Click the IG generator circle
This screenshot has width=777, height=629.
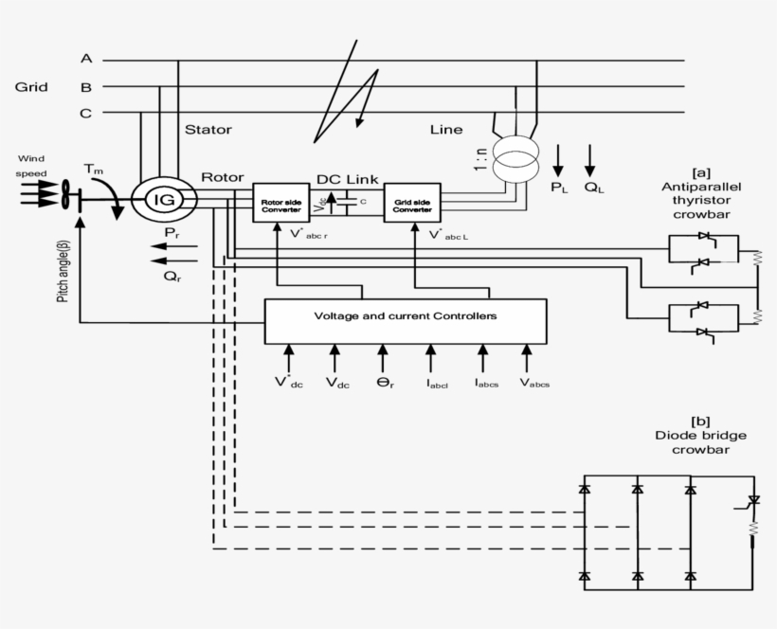(x=164, y=200)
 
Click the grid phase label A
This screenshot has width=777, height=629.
(x=86, y=59)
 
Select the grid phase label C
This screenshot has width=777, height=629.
(x=86, y=114)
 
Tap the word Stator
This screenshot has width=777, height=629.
(x=208, y=130)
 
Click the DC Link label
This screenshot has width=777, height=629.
(x=347, y=179)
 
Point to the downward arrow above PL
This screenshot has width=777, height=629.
(x=558, y=159)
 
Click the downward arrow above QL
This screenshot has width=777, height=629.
(x=591, y=159)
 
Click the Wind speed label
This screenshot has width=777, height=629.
(x=29, y=167)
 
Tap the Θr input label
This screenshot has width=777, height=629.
(x=385, y=383)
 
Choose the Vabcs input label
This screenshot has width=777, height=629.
(x=533, y=383)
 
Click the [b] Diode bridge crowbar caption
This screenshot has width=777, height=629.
(x=700, y=435)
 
